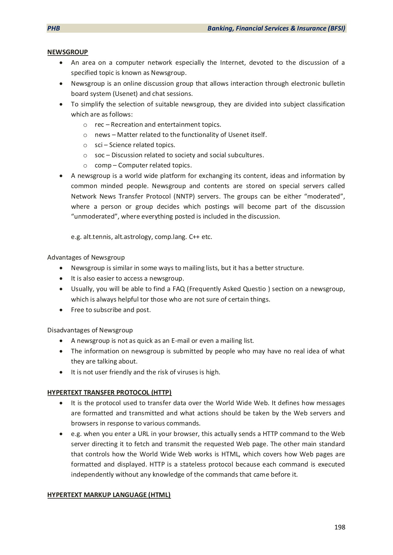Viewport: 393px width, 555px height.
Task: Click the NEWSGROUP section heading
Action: tap(68, 52)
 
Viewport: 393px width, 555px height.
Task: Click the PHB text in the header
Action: tap(54, 28)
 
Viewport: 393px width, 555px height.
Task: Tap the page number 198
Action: tap(340, 527)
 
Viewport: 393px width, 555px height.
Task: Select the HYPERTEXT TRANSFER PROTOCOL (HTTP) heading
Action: tap(109, 393)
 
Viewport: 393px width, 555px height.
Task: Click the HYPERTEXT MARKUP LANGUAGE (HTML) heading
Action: tap(109, 495)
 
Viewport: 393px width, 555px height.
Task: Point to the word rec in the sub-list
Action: tap(99, 125)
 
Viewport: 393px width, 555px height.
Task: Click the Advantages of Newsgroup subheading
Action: tap(86, 257)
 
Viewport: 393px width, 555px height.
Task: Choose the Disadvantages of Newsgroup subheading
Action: tap(90, 330)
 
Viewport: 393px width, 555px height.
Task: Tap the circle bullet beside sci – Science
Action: tap(85, 145)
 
